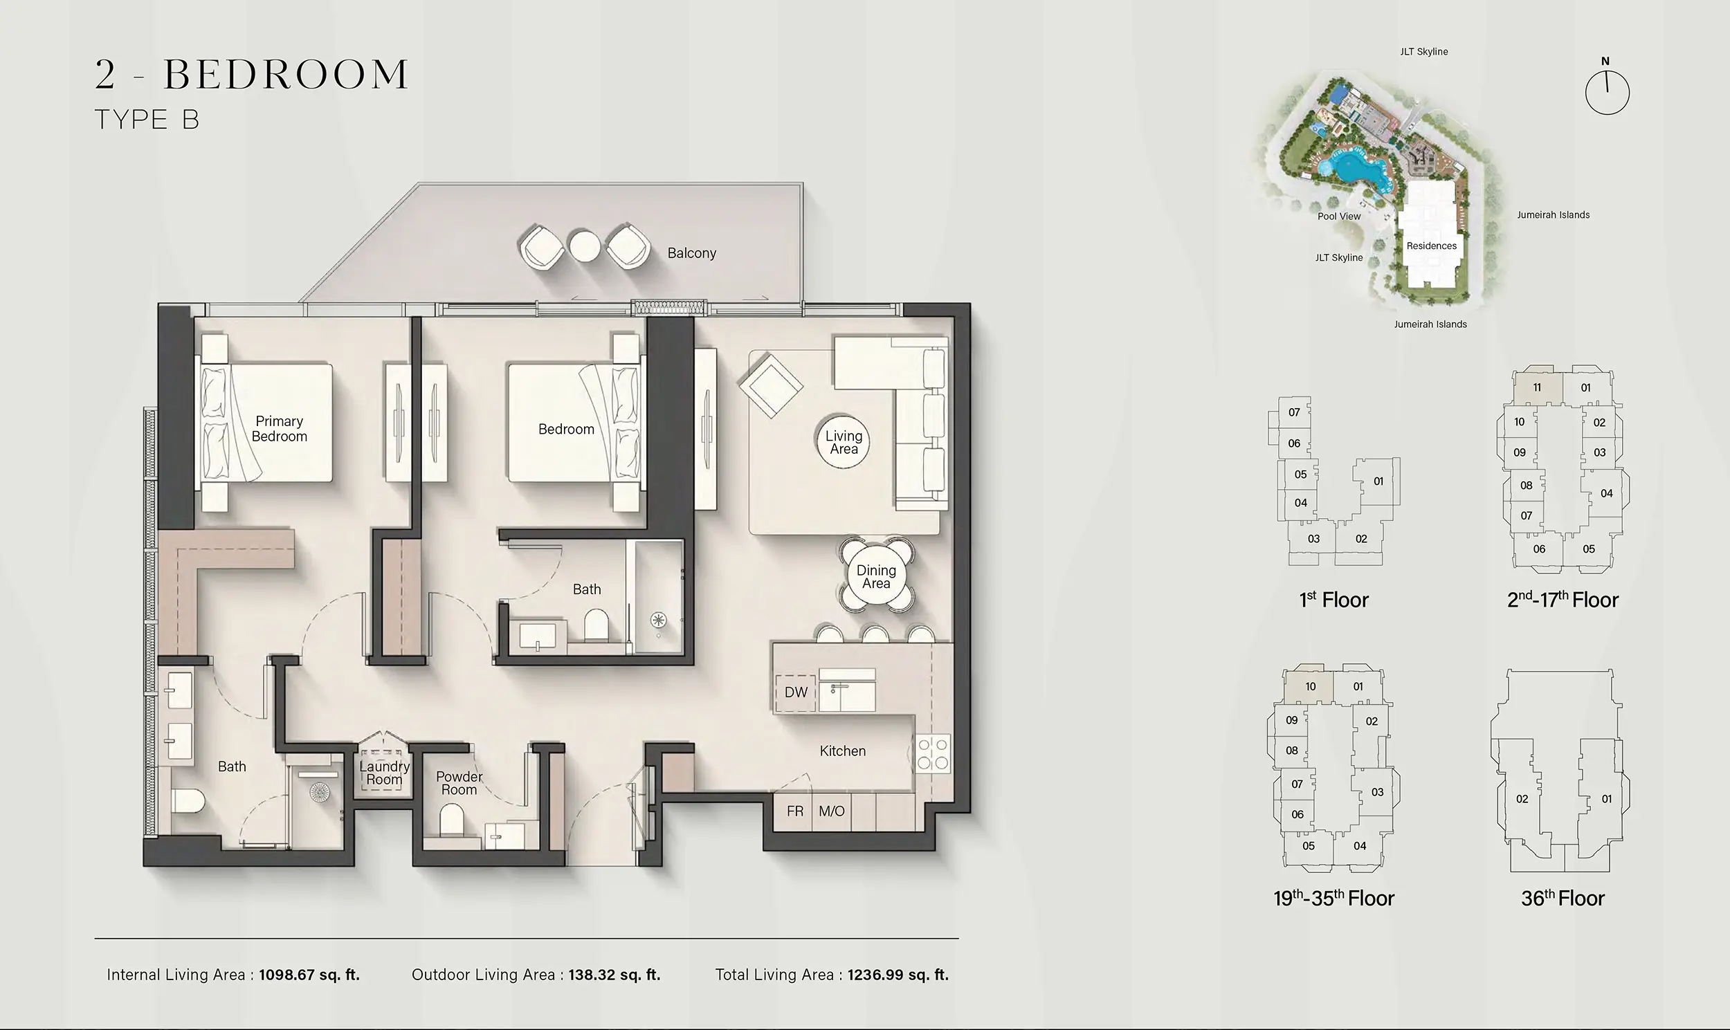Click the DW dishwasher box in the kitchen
pyautogui.click(x=796, y=692)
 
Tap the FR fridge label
pyautogui.click(x=795, y=811)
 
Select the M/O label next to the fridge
pyautogui.click(x=831, y=811)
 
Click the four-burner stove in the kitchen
pyautogui.click(x=932, y=755)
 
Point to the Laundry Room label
pyautogui.click(x=384, y=773)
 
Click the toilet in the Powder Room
pyautogui.click(x=451, y=820)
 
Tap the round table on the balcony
pyautogui.click(x=584, y=246)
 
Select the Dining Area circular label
pyautogui.click(x=876, y=577)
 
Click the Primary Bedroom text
pyautogui.click(x=279, y=428)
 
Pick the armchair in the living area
pyautogui.click(x=771, y=386)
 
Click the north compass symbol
pyautogui.click(x=1606, y=91)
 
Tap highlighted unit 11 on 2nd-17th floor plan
pyautogui.click(x=1537, y=387)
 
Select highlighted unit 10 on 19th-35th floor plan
pyautogui.click(x=1310, y=686)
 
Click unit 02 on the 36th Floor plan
pyautogui.click(x=1522, y=799)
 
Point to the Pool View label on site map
pyautogui.click(x=1338, y=216)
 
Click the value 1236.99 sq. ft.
pyautogui.click(x=898, y=975)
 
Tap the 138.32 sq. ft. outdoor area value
pyautogui.click(x=614, y=975)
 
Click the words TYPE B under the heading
pyautogui.click(x=147, y=120)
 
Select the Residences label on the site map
pyautogui.click(x=1431, y=246)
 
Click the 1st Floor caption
pyautogui.click(x=1333, y=600)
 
